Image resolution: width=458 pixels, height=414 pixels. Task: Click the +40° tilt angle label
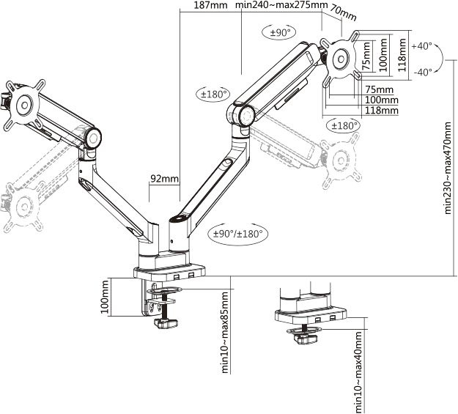click(422, 45)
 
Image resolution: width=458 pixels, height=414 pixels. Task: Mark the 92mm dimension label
click(164, 179)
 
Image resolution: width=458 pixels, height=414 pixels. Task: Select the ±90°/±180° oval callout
click(239, 234)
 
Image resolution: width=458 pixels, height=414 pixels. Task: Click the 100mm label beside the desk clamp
click(106, 299)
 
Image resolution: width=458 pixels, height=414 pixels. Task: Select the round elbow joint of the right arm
click(243, 116)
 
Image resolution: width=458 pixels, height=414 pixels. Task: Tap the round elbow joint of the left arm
click(93, 138)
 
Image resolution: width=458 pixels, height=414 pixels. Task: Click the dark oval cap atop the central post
click(179, 218)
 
